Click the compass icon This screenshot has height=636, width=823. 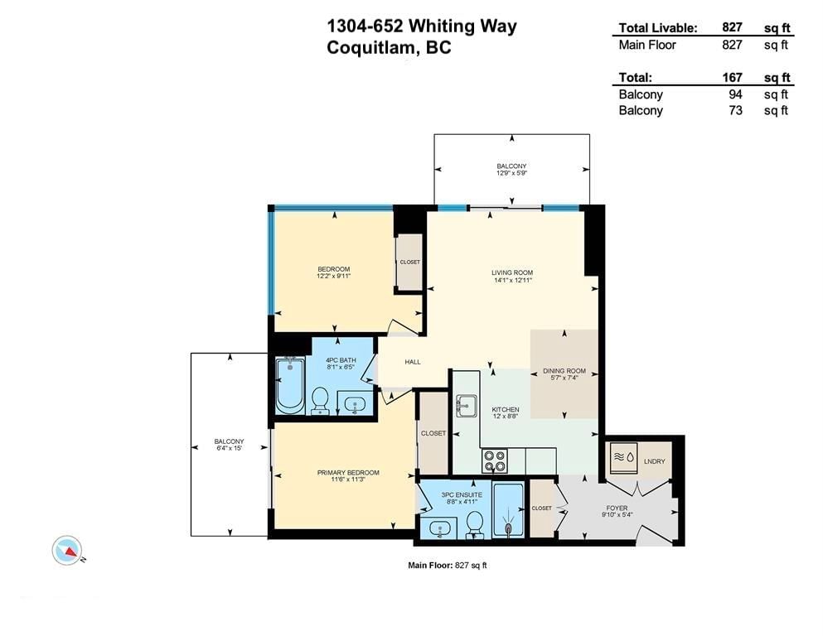(67, 551)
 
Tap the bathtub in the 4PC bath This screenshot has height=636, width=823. (290, 385)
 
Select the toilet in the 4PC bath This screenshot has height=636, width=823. (319, 402)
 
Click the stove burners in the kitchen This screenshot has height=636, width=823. (494, 461)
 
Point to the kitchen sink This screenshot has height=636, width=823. (466, 405)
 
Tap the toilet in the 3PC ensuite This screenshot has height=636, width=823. (475, 525)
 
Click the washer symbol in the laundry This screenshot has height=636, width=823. (623, 456)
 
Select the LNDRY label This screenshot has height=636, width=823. (654, 461)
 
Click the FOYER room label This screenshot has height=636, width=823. (617, 508)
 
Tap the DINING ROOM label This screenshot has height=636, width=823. (564, 371)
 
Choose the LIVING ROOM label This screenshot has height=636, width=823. (512, 272)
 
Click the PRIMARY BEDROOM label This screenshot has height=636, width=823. (348, 472)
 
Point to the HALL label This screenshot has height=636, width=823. (413, 362)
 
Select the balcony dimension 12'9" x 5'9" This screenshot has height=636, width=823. (511, 173)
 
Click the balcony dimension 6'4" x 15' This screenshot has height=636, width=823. (229, 448)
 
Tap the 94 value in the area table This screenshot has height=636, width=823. (735, 94)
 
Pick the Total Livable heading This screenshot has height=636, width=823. (658, 28)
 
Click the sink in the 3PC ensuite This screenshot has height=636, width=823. (438, 528)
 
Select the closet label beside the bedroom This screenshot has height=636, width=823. (410, 263)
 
